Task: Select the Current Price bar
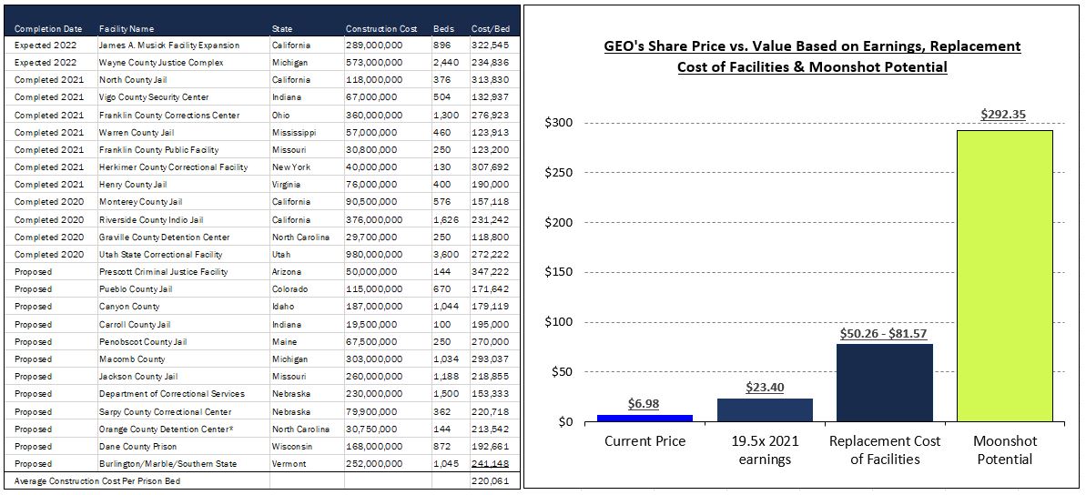coord(644,419)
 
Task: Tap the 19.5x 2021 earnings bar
coord(765,410)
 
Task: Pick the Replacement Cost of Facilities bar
coord(885,382)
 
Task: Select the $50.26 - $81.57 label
coord(885,333)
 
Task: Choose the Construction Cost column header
coord(381,29)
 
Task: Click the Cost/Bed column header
coord(490,29)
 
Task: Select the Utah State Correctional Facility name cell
coord(160,255)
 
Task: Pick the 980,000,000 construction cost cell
coord(373,255)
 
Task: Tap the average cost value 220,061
coord(489,481)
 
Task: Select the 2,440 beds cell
coord(445,63)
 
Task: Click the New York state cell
coord(291,167)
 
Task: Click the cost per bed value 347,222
coord(489,272)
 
